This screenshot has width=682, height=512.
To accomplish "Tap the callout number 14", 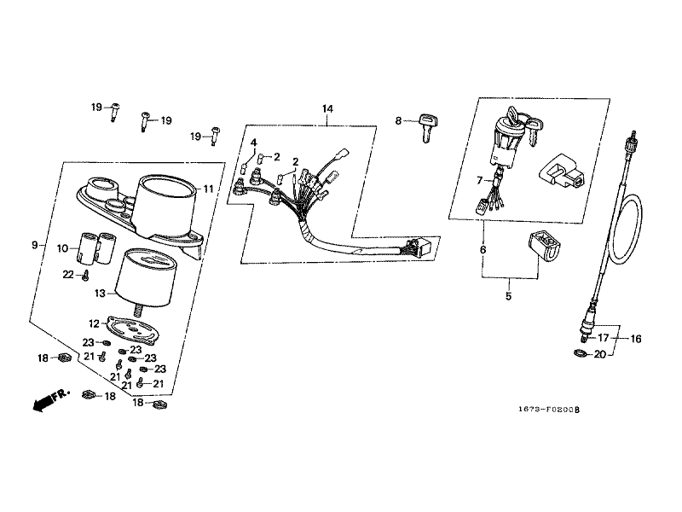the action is point(327,108).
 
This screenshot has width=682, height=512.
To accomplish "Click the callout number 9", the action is point(35,245).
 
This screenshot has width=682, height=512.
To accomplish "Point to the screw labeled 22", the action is point(86,275).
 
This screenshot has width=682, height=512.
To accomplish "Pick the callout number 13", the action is point(100,294).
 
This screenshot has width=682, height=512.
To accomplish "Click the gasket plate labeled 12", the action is point(132,330).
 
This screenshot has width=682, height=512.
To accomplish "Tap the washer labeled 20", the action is point(580,352).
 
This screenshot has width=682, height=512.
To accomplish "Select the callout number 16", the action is point(636,339).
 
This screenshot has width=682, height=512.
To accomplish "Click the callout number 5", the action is point(508,296).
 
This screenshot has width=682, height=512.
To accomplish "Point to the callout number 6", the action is point(483,250).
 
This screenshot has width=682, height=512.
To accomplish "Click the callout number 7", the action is point(480,180).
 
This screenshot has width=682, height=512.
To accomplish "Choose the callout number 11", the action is point(208,189).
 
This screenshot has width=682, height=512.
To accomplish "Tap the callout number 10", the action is point(62,248).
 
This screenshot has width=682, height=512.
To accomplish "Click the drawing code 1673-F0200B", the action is point(549,410).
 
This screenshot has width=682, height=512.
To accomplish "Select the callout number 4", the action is point(253,143).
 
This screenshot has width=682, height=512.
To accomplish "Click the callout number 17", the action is point(603,338).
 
